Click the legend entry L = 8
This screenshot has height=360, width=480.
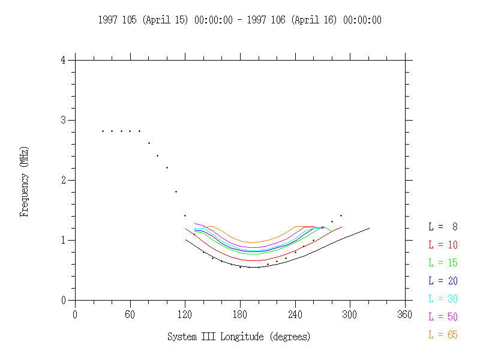click(443, 226)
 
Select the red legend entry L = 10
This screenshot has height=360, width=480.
click(443, 244)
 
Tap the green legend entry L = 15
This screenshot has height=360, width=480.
click(443, 262)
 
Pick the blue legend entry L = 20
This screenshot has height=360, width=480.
click(443, 280)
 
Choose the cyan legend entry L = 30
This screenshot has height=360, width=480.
click(443, 298)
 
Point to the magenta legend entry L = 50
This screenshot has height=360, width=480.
click(443, 316)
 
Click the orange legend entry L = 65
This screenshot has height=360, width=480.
click(443, 335)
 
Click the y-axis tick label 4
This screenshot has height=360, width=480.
click(63, 60)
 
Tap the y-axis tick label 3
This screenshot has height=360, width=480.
click(63, 120)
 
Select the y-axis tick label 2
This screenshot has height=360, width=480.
click(63, 180)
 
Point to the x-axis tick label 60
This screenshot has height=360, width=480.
click(130, 314)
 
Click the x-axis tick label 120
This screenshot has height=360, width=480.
click(185, 314)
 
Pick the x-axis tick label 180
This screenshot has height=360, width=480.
click(240, 314)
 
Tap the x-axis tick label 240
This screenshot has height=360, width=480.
click(295, 314)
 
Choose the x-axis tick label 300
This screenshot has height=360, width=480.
click(350, 314)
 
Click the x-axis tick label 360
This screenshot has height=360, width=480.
click(405, 314)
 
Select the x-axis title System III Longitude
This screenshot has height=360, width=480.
click(216, 337)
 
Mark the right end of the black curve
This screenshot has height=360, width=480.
click(369, 228)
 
